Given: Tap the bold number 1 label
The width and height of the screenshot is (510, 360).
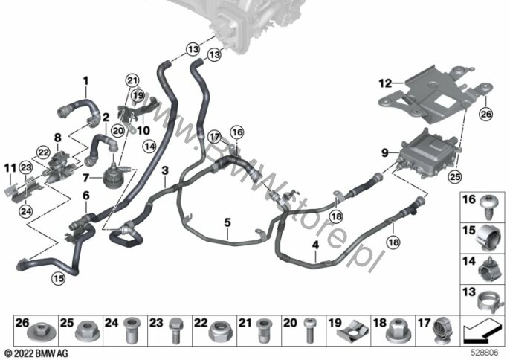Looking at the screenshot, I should coord(85,80).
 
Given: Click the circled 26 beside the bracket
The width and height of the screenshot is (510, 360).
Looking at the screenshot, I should coord(486,114).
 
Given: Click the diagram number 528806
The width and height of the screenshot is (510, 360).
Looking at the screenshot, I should coord(487,352).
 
